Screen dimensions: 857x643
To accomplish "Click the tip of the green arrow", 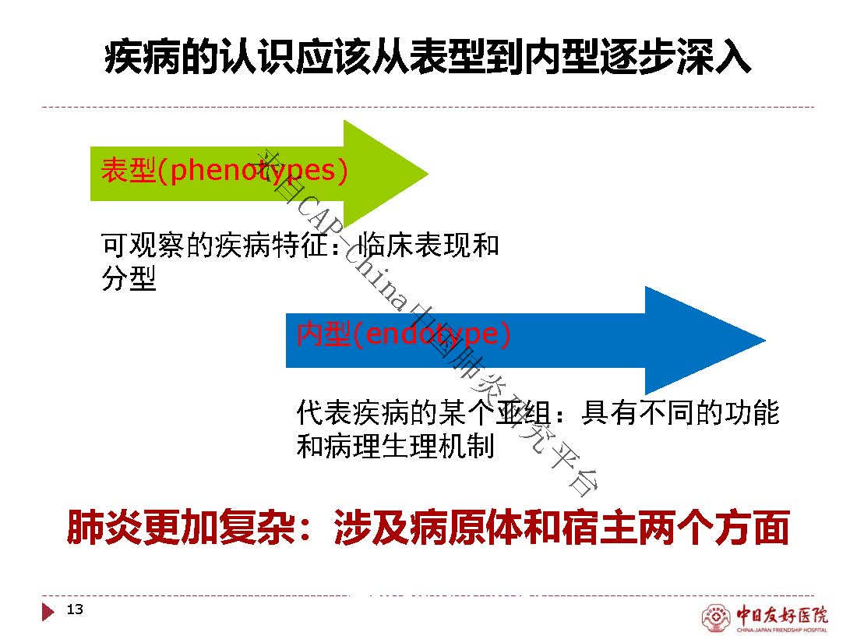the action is (428, 174).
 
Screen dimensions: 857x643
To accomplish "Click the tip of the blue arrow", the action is (765, 340).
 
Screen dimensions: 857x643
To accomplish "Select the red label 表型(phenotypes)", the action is (224, 170).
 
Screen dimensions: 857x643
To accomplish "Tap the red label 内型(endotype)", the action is (404, 334).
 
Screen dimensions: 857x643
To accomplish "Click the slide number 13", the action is (75, 609).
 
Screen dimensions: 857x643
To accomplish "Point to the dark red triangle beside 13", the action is (48, 611).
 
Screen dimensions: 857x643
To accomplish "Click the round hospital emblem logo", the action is (715, 617).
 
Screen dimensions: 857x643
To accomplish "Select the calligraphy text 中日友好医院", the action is (781, 615).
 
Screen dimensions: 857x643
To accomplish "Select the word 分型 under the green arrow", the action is (129, 278).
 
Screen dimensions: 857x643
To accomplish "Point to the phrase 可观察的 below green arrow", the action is (157, 245).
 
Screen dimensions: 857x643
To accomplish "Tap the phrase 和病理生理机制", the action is (396, 446).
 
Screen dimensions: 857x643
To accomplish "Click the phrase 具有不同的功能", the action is (680, 412).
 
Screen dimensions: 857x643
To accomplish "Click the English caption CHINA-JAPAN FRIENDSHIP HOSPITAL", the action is (782, 631).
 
